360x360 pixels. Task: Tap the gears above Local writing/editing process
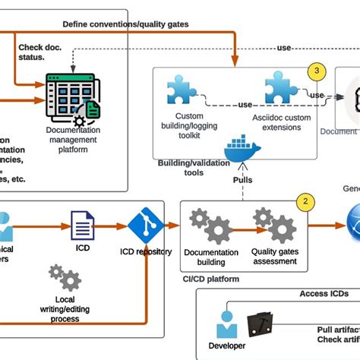(x=64, y=279)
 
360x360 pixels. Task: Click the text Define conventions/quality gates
(x=125, y=24)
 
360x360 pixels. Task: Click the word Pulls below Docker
(x=243, y=180)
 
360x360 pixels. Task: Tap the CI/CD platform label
(x=210, y=279)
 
